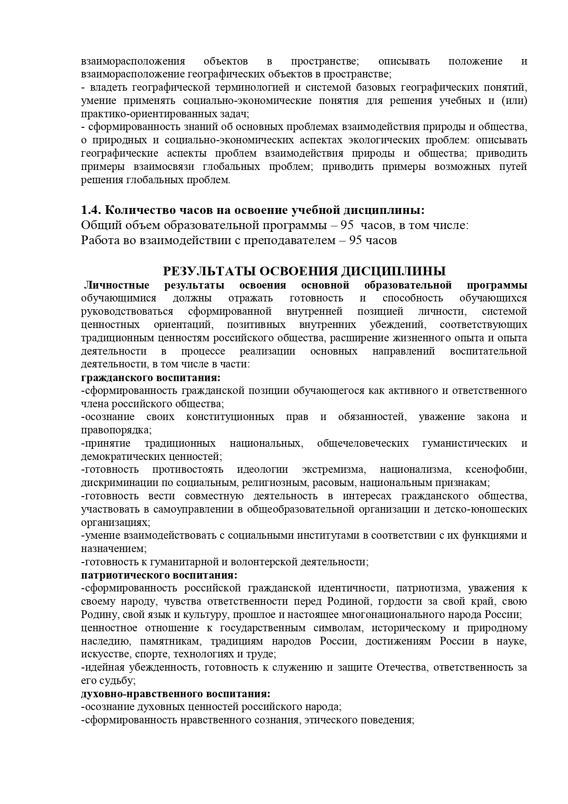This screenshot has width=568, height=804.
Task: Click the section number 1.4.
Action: pyautogui.click(x=91, y=210)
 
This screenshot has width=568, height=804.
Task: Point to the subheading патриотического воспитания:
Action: pyautogui.click(x=159, y=575)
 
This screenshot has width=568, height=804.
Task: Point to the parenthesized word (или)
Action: pyautogui.click(x=516, y=101)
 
